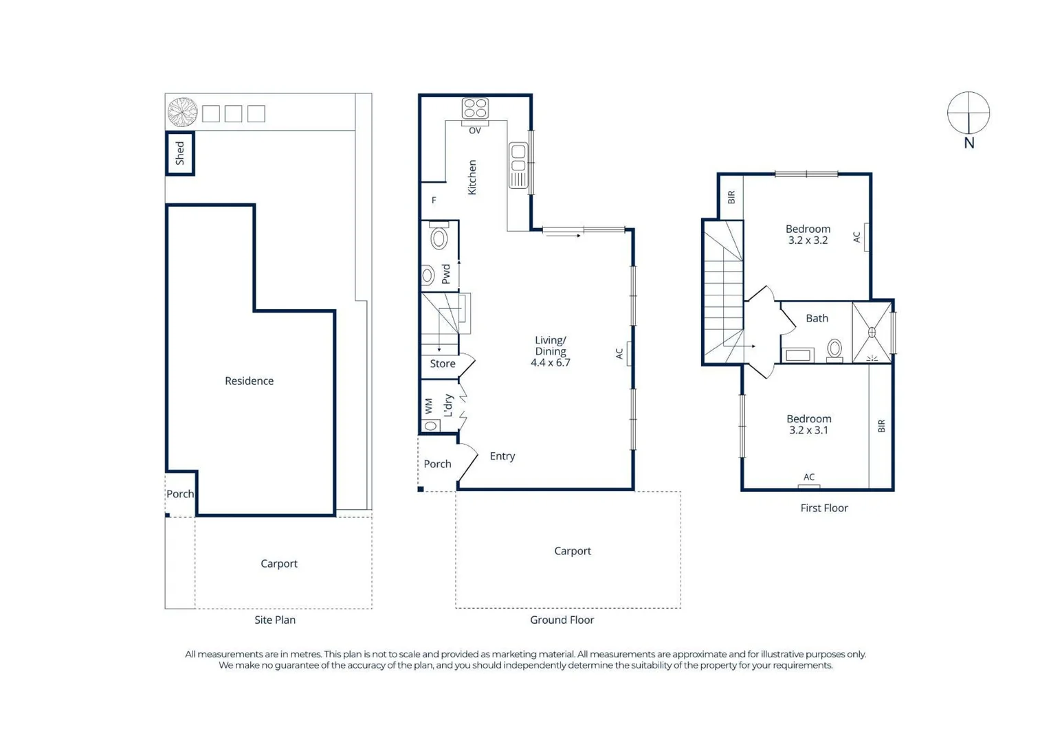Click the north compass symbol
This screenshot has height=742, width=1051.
[x=968, y=113]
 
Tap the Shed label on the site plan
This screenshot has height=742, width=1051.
[x=180, y=153]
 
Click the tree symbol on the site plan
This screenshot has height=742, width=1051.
[x=183, y=112]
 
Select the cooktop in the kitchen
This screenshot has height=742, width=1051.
[x=475, y=109]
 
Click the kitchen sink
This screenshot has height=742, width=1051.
[x=518, y=165]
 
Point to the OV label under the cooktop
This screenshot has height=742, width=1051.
[x=475, y=131]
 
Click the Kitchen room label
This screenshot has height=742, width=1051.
[x=472, y=177]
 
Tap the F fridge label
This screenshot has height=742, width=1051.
[x=434, y=201]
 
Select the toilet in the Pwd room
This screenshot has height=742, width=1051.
[x=439, y=237]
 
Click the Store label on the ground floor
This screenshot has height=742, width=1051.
[x=443, y=363]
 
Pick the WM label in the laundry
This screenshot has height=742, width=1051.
[x=429, y=406]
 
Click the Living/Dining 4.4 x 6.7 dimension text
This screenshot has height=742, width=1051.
[x=551, y=363]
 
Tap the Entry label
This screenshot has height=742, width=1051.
[x=502, y=456]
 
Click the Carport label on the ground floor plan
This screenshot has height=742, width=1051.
[x=573, y=551]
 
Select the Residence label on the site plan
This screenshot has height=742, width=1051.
[x=249, y=381]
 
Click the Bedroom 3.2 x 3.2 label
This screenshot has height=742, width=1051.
[x=808, y=234]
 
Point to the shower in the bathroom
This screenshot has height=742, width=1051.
[x=872, y=333]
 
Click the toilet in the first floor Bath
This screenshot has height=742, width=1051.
[x=834, y=349]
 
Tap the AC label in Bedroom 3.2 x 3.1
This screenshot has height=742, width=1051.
[x=809, y=477]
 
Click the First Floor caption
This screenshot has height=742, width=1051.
[x=824, y=508]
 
